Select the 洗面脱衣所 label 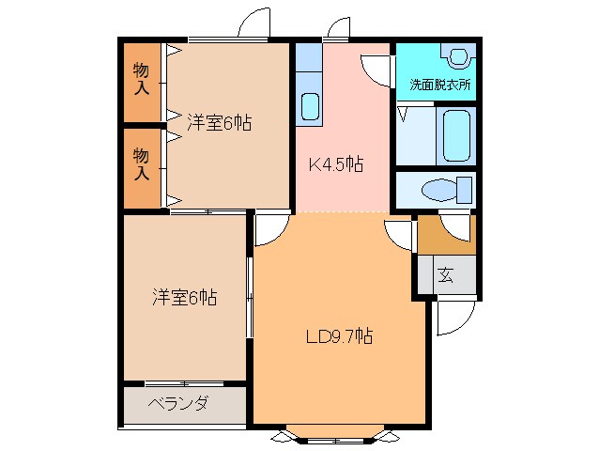click(x=439, y=85)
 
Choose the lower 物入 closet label click(x=141, y=163)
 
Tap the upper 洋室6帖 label click(x=219, y=122)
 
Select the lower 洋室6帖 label click(x=185, y=298)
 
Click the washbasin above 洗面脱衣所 click(x=458, y=56)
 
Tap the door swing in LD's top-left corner click(x=269, y=228)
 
